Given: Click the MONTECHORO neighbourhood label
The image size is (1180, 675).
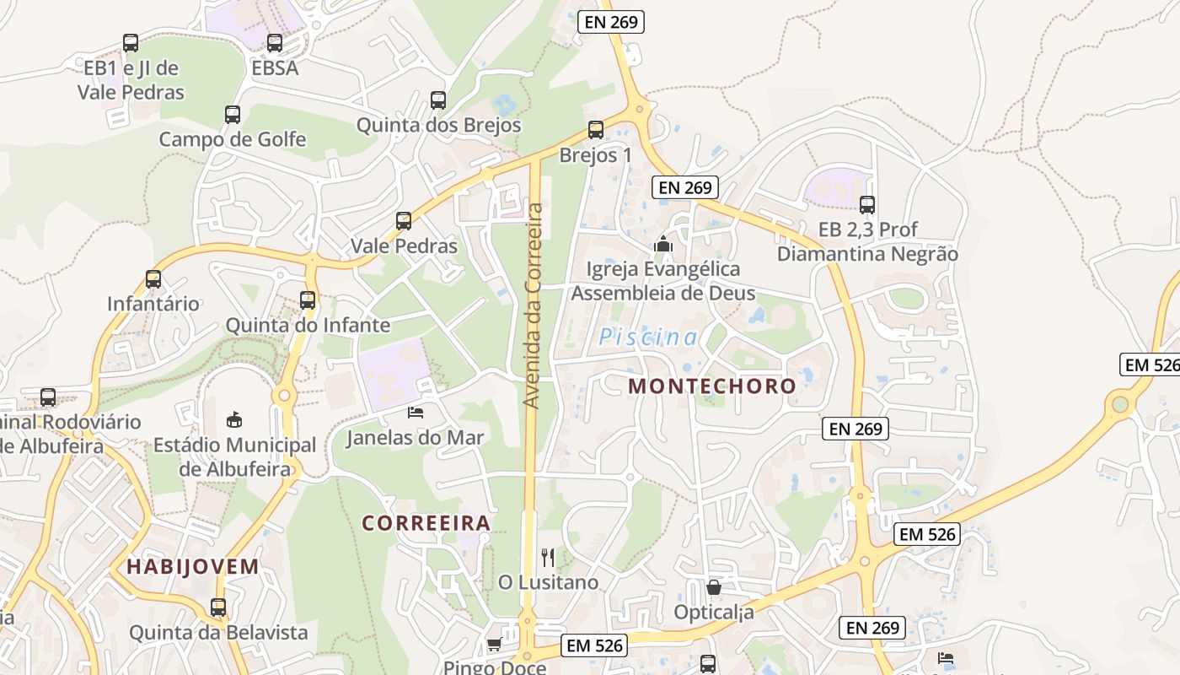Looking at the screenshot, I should (x=712, y=386).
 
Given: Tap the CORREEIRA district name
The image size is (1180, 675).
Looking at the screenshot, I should (x=426, y=523).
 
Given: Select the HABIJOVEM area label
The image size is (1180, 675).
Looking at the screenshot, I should (x=193, y=567).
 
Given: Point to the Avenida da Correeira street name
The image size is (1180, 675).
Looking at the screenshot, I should (x=533, y=305).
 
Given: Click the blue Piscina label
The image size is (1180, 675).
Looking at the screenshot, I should (x=647, y=338).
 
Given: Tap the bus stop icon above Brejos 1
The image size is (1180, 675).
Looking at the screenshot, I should (x=596, y=130).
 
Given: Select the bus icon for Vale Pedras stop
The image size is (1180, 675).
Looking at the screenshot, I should (x=404, y=221).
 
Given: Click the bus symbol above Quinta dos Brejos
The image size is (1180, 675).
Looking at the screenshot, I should (x=438, y=100).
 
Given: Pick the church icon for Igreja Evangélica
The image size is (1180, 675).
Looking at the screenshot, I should (x=664, y=244).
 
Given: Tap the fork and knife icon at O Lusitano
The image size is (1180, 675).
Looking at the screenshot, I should (x=548, y=557).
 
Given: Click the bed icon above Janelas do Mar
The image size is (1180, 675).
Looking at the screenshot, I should (x=416, y=413).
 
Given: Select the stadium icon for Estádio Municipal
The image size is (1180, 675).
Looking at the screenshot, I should (x=234, y=419).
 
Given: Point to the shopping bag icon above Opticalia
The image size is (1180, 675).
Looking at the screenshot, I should (x=714, y=587).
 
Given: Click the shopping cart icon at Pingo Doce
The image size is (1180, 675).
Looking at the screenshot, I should (x=494, y=645).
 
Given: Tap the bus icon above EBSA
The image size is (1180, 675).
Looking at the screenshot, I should (x=275, y=43).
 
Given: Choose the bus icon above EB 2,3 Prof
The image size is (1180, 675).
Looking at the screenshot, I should (x=867, y=204).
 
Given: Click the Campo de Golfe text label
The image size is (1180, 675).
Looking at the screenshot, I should (x=233, y=139).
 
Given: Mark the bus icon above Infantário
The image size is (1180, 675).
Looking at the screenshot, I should (x=153, y=279).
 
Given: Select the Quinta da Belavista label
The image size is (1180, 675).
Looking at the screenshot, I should (x=218, y=632).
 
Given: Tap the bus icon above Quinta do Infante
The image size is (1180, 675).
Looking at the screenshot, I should (x=308, y=300).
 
